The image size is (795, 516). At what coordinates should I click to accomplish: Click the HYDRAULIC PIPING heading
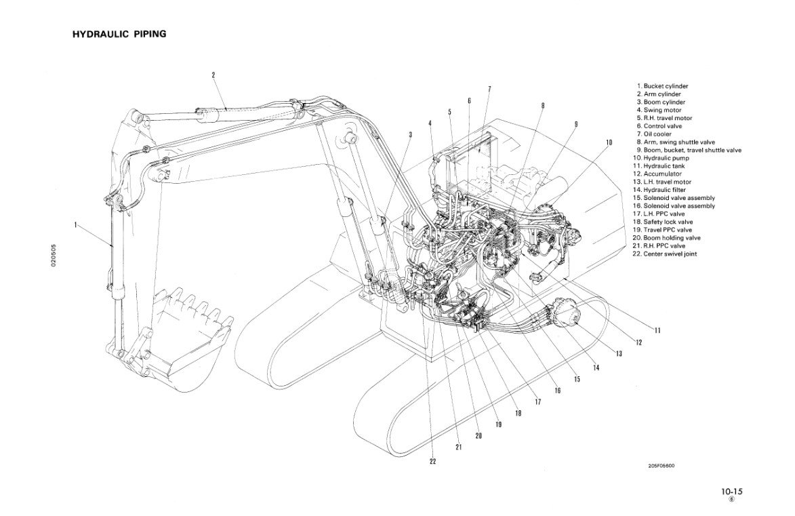[x=119, y=33]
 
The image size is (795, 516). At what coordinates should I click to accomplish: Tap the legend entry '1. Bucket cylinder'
[x=663, y=86]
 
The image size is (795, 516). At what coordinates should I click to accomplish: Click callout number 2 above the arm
[x=213, y=75]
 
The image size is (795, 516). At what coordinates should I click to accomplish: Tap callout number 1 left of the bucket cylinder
[x=76, y=224]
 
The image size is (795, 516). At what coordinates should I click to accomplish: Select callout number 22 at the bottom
[x=432, y=462]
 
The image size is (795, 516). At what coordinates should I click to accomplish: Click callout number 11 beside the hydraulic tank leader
[x=657, y=330]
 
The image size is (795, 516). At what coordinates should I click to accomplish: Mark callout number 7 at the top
[x=489, y=88]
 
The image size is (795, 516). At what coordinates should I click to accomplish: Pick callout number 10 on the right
[x=609, y=142]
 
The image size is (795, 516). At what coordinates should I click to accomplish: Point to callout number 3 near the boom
[x=410, y=134]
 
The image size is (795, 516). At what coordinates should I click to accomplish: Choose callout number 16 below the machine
[x=557, y=391]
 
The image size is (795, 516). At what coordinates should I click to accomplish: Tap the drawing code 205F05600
[x=661, y=465]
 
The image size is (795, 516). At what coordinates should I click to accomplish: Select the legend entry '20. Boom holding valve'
[x=669, y=238]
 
